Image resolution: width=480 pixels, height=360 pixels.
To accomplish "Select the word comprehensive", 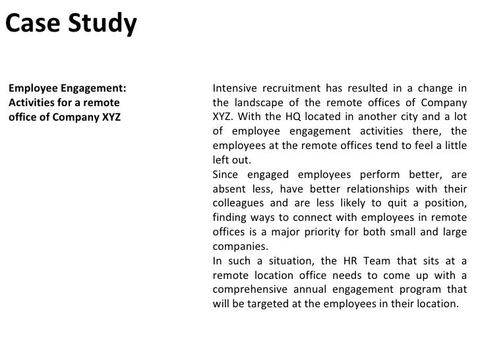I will [x=250, y=289].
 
